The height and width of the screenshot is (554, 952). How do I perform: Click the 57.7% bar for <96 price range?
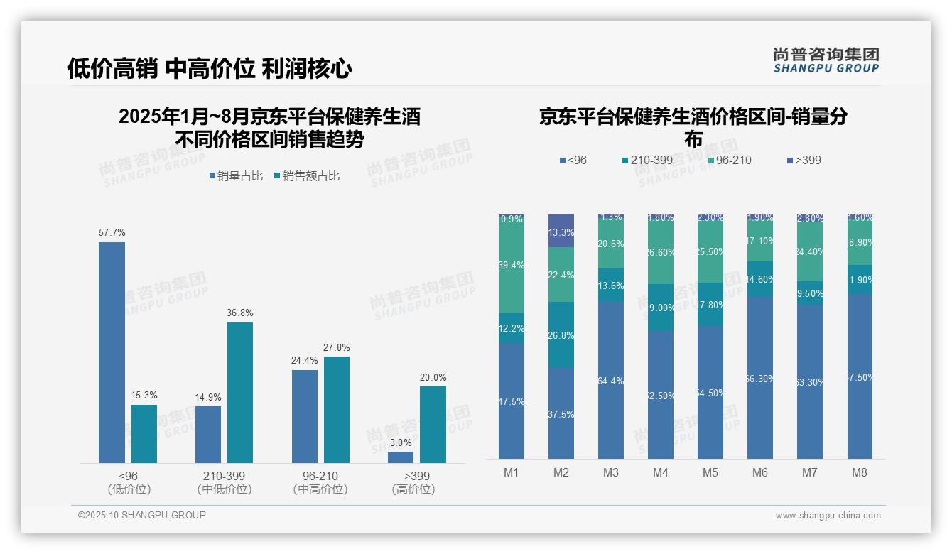pos(112,352)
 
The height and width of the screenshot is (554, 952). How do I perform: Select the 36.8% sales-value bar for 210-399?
pos(240,393)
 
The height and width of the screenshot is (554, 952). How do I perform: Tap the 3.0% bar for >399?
pos(401,457)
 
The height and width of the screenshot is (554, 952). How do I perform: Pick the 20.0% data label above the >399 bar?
pos(433,377)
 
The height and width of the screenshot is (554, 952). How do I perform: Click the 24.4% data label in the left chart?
pos(304,361)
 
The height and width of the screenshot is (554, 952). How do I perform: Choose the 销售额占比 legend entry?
pos(306,176)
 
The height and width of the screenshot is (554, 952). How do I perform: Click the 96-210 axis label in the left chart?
pos(320,476)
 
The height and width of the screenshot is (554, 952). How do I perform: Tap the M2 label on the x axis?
pos(561,472)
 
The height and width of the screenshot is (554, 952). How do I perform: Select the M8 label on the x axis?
pos(859,472)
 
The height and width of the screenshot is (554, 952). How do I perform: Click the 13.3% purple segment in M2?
pos(561,231)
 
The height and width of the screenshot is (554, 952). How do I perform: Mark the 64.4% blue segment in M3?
pos(611,380)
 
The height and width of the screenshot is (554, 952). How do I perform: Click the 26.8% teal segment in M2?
pos(561,335)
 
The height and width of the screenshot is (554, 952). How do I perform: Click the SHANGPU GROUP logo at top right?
pos(826,60)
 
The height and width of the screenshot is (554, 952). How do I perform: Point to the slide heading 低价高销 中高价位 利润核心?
pos(210,69)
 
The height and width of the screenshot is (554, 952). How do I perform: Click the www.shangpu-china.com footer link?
pos(828,516)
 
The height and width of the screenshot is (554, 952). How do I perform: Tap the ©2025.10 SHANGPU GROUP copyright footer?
pos(142,515)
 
